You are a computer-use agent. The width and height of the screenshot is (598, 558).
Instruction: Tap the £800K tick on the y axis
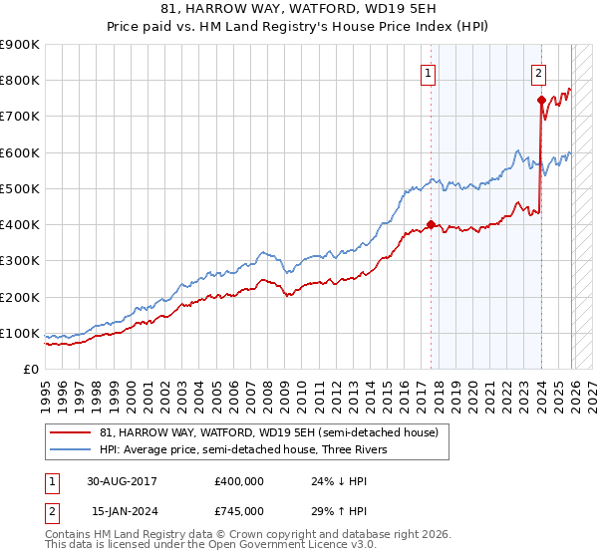click(x=19, y=80)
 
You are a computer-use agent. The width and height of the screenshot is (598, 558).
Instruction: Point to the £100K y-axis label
click(x=19, y=333)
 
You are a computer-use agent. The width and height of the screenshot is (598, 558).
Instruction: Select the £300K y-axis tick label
click(x=19, y=261)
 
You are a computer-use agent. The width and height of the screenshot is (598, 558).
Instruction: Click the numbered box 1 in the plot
click(x=428, y=72)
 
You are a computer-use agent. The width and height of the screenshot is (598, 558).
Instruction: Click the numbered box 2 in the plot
click(x=538, y=72)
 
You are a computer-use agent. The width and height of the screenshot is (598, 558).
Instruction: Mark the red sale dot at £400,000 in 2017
click(x=431, y=224)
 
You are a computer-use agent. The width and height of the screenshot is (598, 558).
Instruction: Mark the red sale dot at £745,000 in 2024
click(x=541, y=100)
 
